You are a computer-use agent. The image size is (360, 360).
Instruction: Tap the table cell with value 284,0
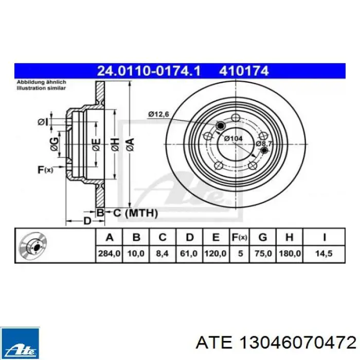click(109, 254)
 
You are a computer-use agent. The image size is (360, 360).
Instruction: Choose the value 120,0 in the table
click(215, 254)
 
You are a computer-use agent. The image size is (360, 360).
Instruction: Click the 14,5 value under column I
click(325, 254)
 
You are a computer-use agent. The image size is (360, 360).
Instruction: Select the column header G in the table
click(262, 237)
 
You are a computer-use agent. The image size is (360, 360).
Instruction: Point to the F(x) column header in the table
click(240, 237)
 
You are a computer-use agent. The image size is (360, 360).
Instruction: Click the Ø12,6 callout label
click(159, 114)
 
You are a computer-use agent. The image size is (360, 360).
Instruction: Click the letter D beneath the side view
click(87, 221)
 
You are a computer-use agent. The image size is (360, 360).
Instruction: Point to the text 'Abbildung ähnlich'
click(39, 82)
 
